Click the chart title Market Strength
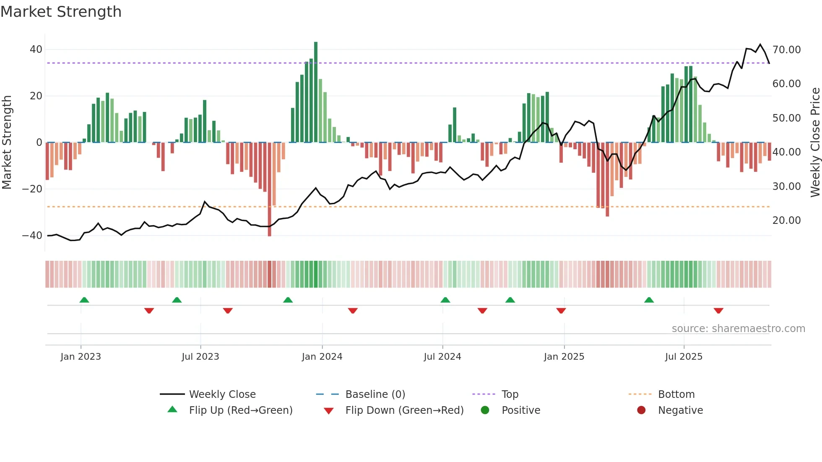point(61,12)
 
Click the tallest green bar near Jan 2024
point(316,92)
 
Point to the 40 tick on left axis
point(36,49)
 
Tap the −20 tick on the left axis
point(32,189)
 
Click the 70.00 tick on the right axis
point(786,50)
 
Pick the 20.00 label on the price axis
point(786,221)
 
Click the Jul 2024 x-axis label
point(442,357)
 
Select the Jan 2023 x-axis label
point(81,357)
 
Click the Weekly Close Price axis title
point(815,143)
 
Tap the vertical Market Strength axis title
point(7,143)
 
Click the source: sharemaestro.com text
point(738,329)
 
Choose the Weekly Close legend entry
point(222,395)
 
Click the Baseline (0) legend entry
point(375,395)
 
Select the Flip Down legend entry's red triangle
point(329,411)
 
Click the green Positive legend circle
point(485,410)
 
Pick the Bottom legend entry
point(676,395)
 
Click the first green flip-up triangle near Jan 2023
point(84,300)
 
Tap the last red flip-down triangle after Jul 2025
point(718,311)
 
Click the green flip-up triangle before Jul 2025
point(649,300)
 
